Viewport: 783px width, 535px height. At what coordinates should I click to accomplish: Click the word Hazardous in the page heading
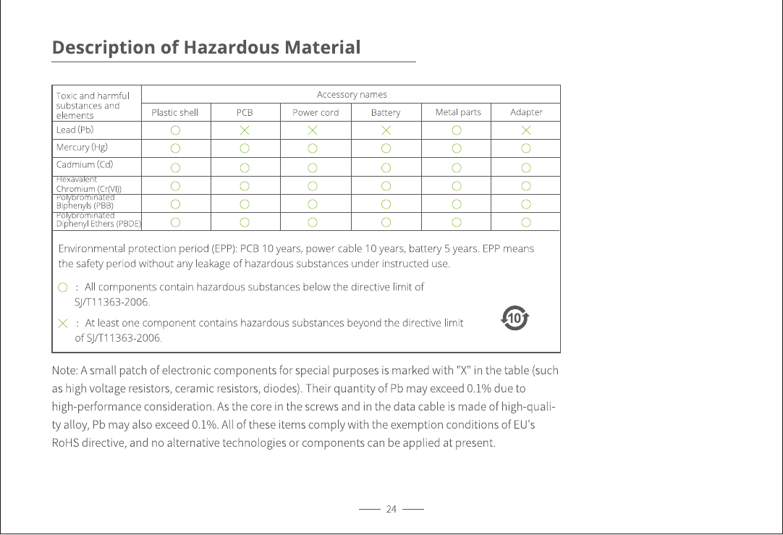(x=231, y=48)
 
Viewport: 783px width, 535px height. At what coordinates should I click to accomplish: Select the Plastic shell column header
(x=174, y=112)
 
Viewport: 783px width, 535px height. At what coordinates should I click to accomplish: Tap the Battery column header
(x=386, y=112)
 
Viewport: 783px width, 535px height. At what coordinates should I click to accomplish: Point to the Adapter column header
(x=526, y=112)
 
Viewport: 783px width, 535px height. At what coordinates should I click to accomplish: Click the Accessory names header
(x=352, y=95)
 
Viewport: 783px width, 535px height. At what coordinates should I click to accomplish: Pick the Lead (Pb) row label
(x=75, y=130)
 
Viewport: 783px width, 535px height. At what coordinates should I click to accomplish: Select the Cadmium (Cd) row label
(x=85, y=165)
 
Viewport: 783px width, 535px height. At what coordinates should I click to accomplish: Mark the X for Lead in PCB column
(x=245, y=131)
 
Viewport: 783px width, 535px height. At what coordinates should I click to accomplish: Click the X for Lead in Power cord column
(x=311, y=131)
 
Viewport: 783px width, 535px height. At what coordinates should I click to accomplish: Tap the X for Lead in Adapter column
(x=526, y=131)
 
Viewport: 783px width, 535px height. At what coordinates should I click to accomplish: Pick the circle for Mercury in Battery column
(x=386, y=148)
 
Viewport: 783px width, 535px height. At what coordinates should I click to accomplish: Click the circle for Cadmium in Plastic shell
(x=175, y=167)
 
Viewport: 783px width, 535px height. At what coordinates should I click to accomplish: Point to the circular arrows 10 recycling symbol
(x=515, y=318)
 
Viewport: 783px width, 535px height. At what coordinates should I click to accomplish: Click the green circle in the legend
(x=63, y=287)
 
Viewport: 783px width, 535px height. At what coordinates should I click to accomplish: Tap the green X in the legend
(x=63, y=322)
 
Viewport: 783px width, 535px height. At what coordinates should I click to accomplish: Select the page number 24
(x=392, y=510)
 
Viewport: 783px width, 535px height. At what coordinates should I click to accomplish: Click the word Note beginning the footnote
(x=64, y=371)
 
